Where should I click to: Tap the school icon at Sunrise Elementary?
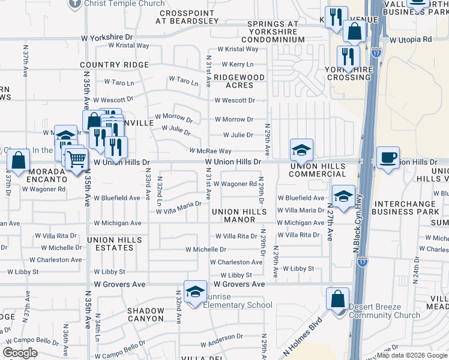pyautogui.click(x=195, y=292)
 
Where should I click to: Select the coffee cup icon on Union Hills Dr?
pyautogui.click(x=387, y=158)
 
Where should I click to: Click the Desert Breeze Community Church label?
pyautogui.click(x=385, y=311)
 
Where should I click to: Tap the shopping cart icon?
pyautogui.click(x=77, y=160)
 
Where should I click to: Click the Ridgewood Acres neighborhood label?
pyautogui.click(x=240, y=82)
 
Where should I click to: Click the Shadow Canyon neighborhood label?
pyautogui.click(x=145, y=314)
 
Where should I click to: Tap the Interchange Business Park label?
pyautogui.click(x=406, y=208)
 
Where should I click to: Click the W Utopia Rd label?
pyautogui.click(x=411, y=40)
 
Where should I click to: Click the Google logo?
pyautogui.click(x=20, y=352)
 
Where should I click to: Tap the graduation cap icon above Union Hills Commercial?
pyautogui.click(x=301, y=149)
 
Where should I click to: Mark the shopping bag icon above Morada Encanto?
pyautogui.click(x=19, y=160)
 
